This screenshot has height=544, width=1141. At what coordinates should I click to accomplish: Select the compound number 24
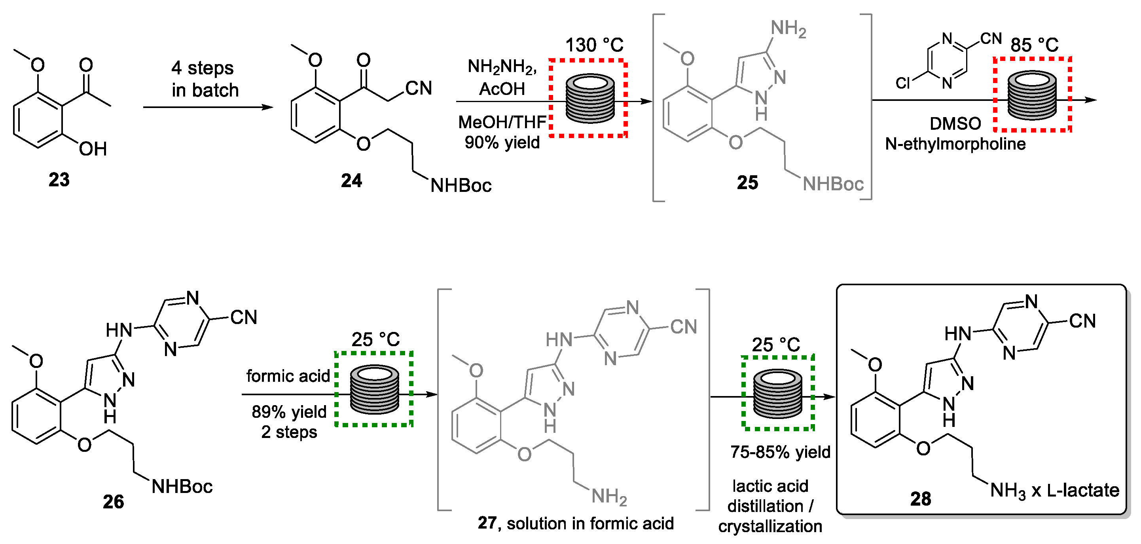click(x=351, y=181)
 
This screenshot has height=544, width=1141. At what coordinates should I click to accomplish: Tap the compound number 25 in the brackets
click(x=747, y=182)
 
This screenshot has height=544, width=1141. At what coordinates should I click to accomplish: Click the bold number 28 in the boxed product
click(x=920, y=499)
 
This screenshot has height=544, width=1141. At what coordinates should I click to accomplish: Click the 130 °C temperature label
click(x=594, y=45)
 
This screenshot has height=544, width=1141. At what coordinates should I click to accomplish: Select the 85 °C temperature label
click(x=1034, y=45)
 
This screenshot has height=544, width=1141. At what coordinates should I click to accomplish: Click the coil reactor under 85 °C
click(x=1031, y=95)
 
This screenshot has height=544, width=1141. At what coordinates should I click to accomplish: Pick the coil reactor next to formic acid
click(x=374, y=389)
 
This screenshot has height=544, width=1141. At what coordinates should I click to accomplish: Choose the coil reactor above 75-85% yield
click(x=777, y=394)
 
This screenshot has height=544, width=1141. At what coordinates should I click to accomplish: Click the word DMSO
click(x=955, y=123)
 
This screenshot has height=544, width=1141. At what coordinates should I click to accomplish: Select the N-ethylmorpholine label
click(x=955, y=144)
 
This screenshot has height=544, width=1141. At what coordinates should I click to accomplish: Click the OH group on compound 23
click(x=93, y=149)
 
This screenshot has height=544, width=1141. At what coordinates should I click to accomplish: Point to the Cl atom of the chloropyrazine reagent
click(x=902, y=83)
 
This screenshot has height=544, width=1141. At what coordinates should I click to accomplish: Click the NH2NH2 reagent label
click(x=501, y=67)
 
